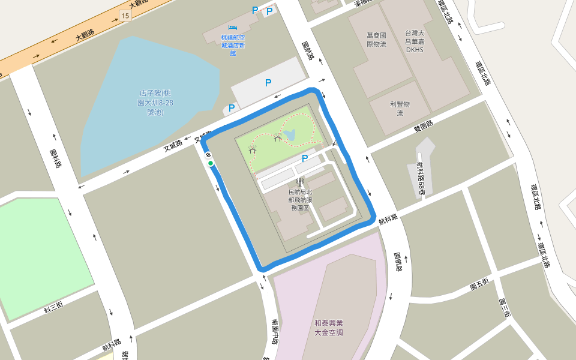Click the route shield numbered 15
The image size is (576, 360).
coord(125,16)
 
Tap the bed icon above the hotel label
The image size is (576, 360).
coord(233,28)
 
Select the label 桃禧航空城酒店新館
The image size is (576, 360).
coord(233,45)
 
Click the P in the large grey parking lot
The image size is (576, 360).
coord(268,83)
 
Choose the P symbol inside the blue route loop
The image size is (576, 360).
coord(305,158)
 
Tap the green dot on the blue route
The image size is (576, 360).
coord(211,163)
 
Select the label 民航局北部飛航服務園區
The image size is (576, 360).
coord(300,200)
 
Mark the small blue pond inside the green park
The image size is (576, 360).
coord(290,135)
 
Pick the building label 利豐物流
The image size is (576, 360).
coord(400,108)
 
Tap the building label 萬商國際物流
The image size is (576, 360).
coord(376,40)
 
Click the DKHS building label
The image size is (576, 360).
coord(415,41)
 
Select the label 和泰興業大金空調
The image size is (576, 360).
coord(332,327)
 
